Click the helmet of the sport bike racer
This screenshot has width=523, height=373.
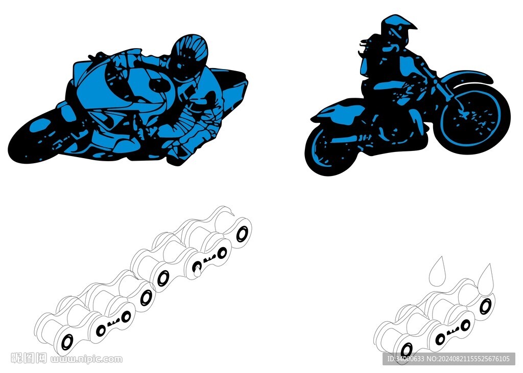[189, 57]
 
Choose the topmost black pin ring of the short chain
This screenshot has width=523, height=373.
[486, 306]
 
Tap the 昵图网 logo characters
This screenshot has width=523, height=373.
[29, 358]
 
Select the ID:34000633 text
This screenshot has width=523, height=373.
[406, 359]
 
